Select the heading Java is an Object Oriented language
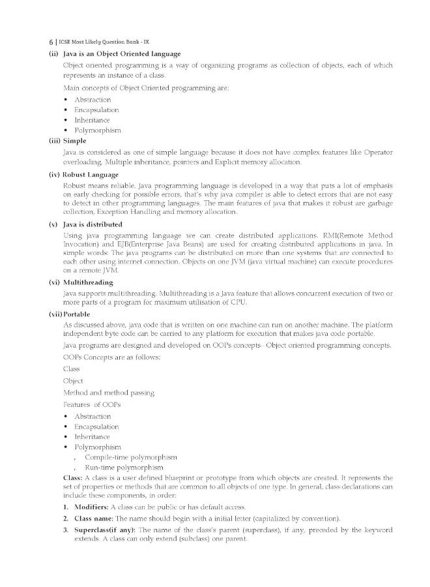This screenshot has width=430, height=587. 122,53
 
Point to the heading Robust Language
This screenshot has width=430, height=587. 91,175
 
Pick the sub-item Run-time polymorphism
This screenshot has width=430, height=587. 118,468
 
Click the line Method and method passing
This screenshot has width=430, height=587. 108,393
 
